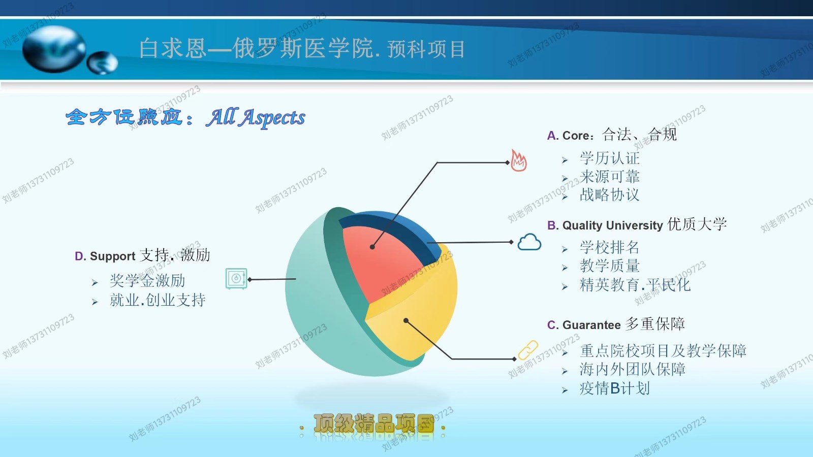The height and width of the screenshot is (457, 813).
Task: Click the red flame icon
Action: [519, 160]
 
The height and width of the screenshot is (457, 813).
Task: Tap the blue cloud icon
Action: [529, 242]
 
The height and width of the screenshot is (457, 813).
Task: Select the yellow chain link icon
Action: [528, 350]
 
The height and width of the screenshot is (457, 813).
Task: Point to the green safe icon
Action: [236, 279]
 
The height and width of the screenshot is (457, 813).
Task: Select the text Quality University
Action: [613, 225]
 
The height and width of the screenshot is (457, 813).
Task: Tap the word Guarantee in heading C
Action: [591, 325]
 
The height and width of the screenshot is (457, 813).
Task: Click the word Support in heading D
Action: [112, 256]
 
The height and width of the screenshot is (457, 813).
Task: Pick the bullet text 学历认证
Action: [609, 158]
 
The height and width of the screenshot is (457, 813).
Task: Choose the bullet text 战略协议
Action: [609, 195]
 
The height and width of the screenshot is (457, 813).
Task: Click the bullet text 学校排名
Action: [609, 247]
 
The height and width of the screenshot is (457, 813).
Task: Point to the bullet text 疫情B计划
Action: [614, 388]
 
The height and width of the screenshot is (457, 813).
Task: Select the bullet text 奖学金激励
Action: [147, 281]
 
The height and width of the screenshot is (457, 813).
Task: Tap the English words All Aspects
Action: [256, 117]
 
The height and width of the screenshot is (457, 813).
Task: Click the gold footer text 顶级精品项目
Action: [374, 423]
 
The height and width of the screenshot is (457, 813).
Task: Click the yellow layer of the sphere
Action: [417, 319]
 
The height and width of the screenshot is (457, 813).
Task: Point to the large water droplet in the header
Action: [54, 49]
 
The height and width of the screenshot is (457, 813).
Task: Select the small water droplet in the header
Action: [102, 63]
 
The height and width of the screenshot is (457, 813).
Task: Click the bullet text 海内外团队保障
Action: [632, 370]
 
